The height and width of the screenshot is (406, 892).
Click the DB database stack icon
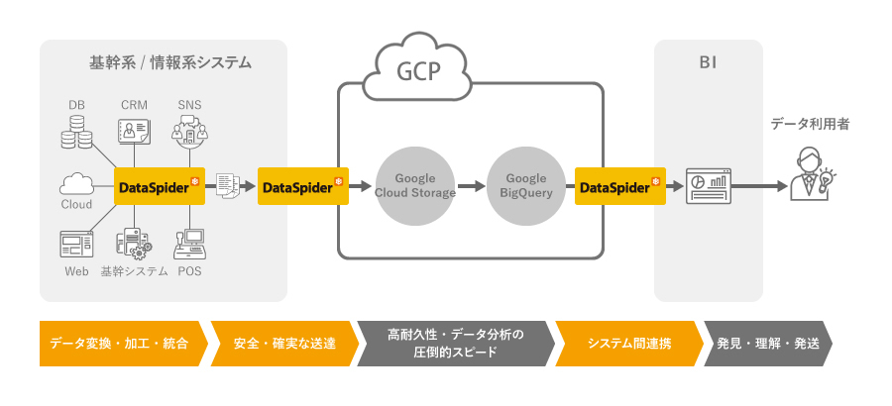pos(76,132)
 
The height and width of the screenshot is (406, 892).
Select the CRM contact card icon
pos(134,132)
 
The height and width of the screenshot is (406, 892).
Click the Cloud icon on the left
pos(76,184)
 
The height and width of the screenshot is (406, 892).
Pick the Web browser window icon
pos(76,244)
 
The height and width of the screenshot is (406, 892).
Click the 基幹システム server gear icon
pos(134,244)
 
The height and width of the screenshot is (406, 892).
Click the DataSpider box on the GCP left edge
pos(301,185)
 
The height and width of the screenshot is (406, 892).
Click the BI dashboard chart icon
pos(708,185)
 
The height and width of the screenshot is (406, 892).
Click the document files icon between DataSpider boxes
pos(228,185)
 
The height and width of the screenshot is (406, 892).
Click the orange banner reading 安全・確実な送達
pos(282,344)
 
